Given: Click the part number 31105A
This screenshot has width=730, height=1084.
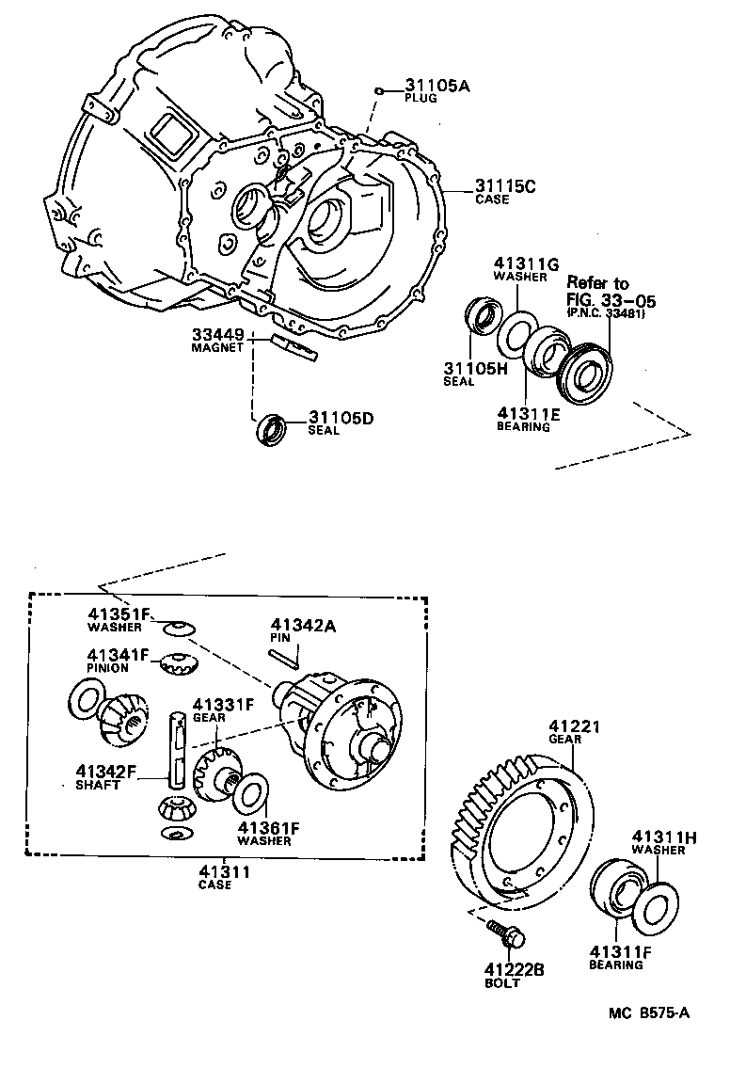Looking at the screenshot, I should [437, 86].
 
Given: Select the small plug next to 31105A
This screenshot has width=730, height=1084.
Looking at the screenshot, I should [377, 90].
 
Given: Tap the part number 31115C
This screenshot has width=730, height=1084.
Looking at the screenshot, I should [504, 185].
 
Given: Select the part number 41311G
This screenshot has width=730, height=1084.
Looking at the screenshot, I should [528, 264].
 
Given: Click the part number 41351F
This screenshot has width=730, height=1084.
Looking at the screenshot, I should [119, 615].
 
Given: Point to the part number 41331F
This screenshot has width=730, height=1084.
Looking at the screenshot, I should [224, 704].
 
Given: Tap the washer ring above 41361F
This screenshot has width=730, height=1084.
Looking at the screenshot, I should [250, 793].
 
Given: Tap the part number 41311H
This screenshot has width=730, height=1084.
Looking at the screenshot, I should [663, 837].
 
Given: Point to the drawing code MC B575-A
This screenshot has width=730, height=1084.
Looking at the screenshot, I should [649, 1013].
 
